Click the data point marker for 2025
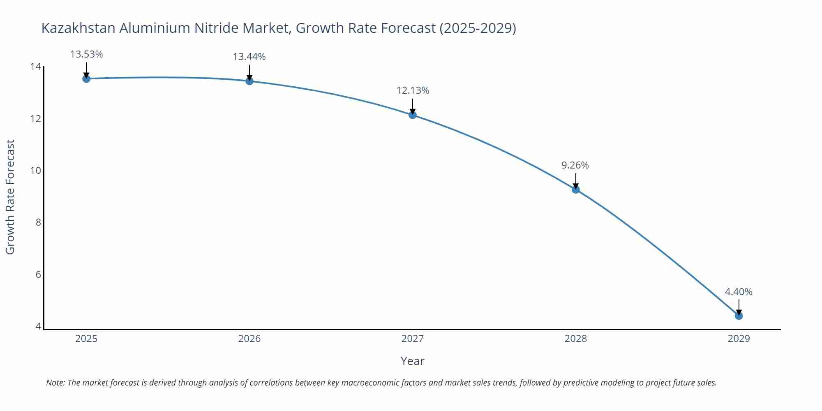point(86,79)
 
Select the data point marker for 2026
point(249,81)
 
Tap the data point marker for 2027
point(413,115)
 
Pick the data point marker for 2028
point(576,189)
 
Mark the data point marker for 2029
point(739,316)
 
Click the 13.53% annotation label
point(86,54)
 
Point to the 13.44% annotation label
point(249,57)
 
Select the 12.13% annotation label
point(413,90)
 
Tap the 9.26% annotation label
point(575,165)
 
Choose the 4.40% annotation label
point(739,292)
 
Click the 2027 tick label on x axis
point(413,339)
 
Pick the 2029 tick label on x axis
point(739,339)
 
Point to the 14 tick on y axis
point(36,67)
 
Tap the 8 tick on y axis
point(38,222)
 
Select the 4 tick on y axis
point(38,326)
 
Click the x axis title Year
point(412,361)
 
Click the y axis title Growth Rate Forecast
point(10,197)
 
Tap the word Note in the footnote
point(55,383)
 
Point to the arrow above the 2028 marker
point(576,181)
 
